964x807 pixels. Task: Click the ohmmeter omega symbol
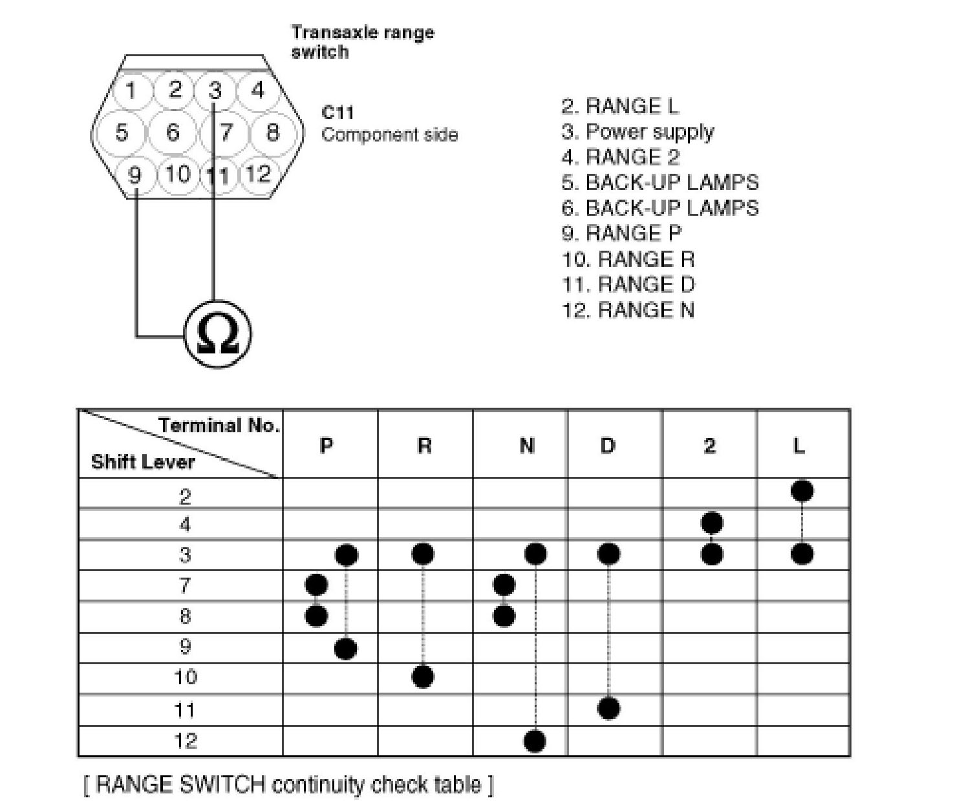click(217, 334)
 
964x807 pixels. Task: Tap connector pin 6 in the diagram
click(173, 132)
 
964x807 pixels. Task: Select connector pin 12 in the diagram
click(258, 173)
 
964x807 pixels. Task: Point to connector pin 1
click(131, 90)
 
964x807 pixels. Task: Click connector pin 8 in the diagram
click(273, 132)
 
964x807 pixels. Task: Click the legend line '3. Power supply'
click(637, 132)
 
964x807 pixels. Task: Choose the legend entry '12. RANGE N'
click(628, 310)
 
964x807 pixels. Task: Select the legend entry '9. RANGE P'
click(621, 233)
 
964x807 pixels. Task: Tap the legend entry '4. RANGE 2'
click(620, 157)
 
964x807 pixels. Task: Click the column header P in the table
click(327, 445)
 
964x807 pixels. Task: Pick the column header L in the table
click(800, 445)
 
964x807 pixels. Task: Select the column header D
click(608, 445)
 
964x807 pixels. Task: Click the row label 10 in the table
click(185, 678)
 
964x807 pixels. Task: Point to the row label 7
click(185, 585)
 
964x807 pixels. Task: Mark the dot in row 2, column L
click(802, 491)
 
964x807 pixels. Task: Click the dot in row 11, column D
click(608, 708)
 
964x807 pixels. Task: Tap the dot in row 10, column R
click(423, 677)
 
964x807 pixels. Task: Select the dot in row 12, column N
click(535, 740)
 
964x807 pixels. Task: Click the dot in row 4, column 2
click(711, 523)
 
